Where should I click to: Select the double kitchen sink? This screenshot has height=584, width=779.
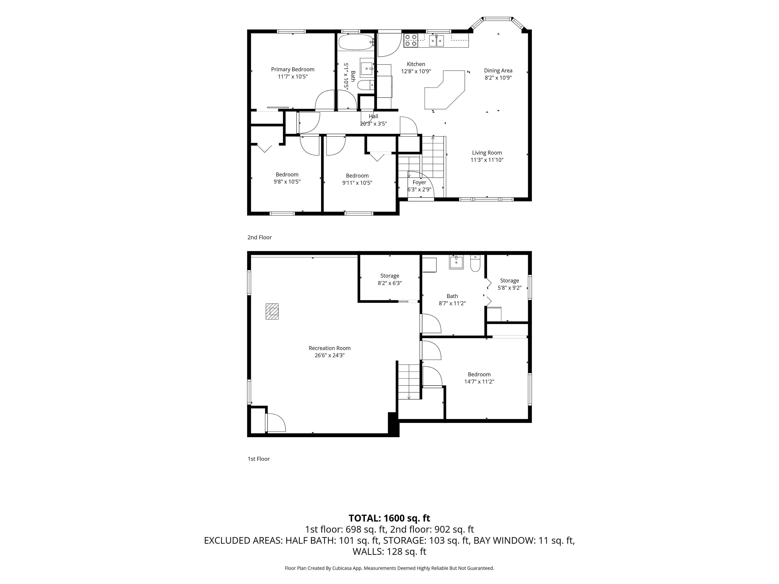pyautogui.click(x=437, y=41)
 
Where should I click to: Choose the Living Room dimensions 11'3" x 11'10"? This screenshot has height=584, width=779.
pyautogui.click(x=487, y=160)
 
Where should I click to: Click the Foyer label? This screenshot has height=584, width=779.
pyautogui.click(x=419, y=182)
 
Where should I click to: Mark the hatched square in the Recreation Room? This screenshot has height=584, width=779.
pyautogui.click(x=272, y=311)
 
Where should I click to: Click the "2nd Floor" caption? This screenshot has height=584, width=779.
pyautogui.click(x=259, y=237)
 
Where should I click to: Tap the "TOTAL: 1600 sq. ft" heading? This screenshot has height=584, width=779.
pyautogui.click(x=389, y=518)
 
